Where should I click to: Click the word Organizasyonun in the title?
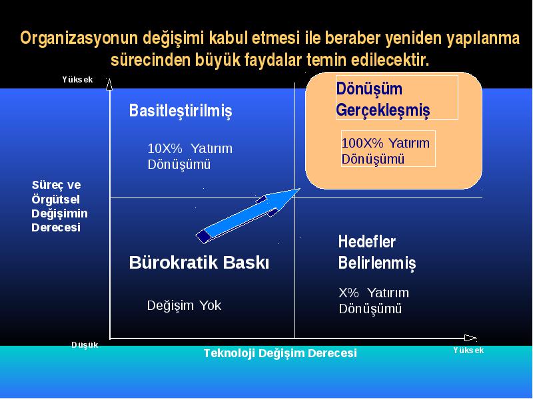click(79, 38)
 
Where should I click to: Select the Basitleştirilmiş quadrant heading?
click(181, 110)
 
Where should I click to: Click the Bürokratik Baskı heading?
click(199, 263)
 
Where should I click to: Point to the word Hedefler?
click(367, 242)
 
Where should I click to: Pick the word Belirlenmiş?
click(377, 263)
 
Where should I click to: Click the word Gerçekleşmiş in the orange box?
click(383, 110)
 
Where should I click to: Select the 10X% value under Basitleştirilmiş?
click(165, 148)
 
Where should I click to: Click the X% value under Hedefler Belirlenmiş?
click(348, 293)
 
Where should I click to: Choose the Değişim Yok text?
click(185, 305)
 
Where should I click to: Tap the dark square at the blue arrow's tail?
click(203, 236)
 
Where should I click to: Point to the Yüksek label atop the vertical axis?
click(77, 80)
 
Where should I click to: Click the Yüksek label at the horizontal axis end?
click(468, 350)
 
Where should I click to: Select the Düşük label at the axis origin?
click(85, 345)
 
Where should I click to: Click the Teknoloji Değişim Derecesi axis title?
click(280, 353)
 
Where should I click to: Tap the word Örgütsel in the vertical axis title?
click(56, 199)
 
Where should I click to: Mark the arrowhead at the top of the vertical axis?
click(109, 84)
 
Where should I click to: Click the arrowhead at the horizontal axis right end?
click(470, 338)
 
